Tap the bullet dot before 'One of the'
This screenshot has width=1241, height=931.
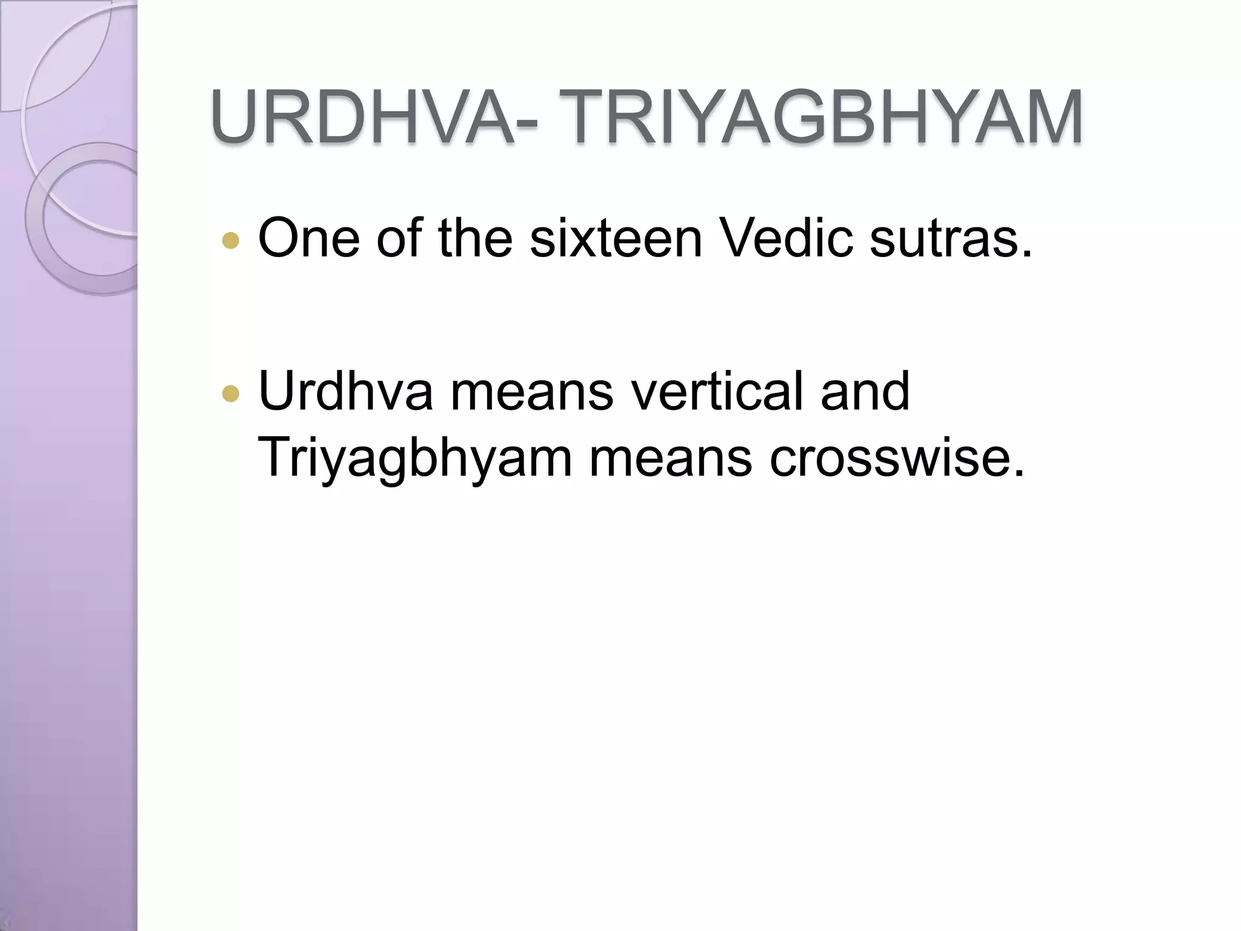click(231, 241)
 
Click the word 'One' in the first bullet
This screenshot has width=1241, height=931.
click(308, 238)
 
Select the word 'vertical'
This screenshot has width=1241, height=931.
click(717, 392)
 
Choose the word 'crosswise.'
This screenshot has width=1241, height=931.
click(897, 458)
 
